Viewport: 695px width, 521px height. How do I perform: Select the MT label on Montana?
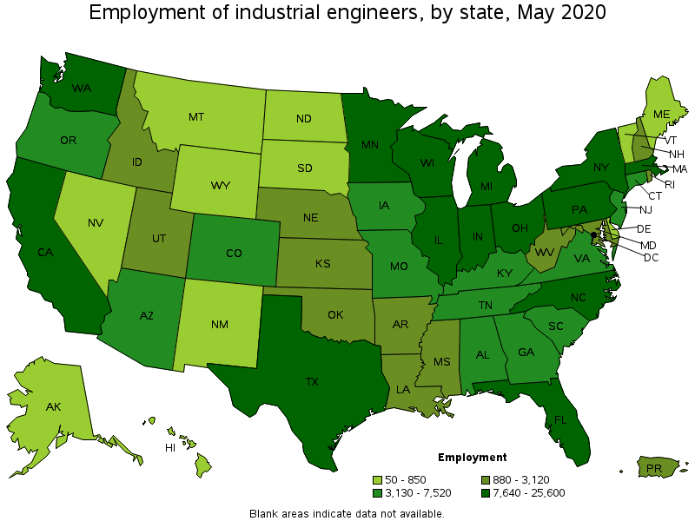tap(196, 116)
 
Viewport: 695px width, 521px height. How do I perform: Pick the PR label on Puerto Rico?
tap(653, 469)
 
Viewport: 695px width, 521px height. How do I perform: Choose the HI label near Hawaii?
tap(171, 447)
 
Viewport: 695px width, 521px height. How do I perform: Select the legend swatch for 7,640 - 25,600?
tap(486, 493)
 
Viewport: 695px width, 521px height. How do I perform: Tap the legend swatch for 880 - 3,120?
tap(486, 480)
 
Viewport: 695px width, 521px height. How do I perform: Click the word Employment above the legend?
tap(472, 458)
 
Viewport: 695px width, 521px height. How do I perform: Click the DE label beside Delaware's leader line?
tap(644, 228)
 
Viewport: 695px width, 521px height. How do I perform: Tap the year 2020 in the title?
tap(584, 13)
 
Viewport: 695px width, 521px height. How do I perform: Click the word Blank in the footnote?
tap(264, 513)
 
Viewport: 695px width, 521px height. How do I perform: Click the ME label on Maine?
tap(662, 114)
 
